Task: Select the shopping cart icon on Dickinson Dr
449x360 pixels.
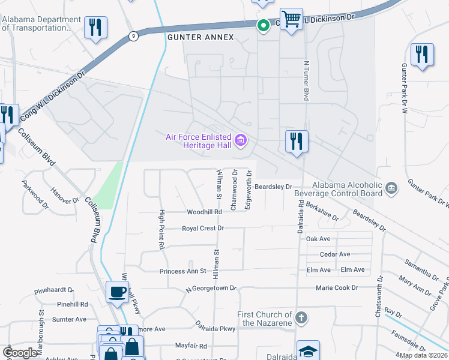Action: pos(291,20)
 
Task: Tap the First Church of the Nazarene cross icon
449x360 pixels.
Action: pos(301,317)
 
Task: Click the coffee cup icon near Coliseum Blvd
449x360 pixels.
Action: pos(117,292)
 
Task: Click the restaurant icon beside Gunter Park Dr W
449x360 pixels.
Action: pos(422,55)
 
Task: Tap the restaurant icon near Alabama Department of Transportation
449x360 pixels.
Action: pos(95,28)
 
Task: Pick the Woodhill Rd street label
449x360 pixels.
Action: pos(205,212)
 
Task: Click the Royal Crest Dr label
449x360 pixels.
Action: pos(203,229)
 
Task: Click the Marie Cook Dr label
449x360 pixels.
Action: pos(337,288)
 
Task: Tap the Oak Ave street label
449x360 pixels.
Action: pos(318,239)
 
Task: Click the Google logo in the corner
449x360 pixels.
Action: pos(20,353)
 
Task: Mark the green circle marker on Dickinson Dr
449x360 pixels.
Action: pos(262,25)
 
